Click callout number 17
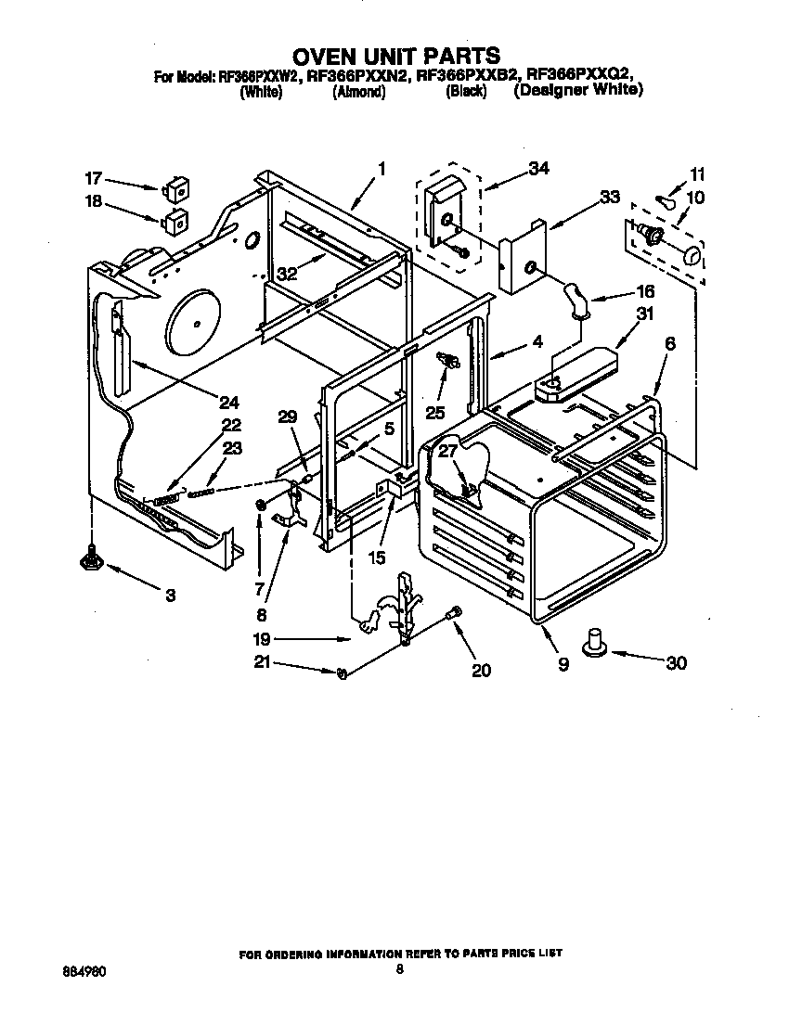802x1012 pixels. click(x=93, y=178)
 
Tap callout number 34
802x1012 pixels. click(x=537, y=168)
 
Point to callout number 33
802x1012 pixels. click(x=609, y=197)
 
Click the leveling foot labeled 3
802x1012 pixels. click(x=93, y=557)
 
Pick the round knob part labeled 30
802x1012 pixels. click(x=594, y=642)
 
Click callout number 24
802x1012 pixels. click(x=228, y=402)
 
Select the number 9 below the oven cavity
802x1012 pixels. click(x=563, y=664)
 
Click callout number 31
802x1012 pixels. click(x=641, y=314)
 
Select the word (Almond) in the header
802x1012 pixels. click(x=358, y=93)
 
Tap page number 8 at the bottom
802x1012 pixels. click(x=400, y=970)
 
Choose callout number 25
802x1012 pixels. click(x=434, y=412)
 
